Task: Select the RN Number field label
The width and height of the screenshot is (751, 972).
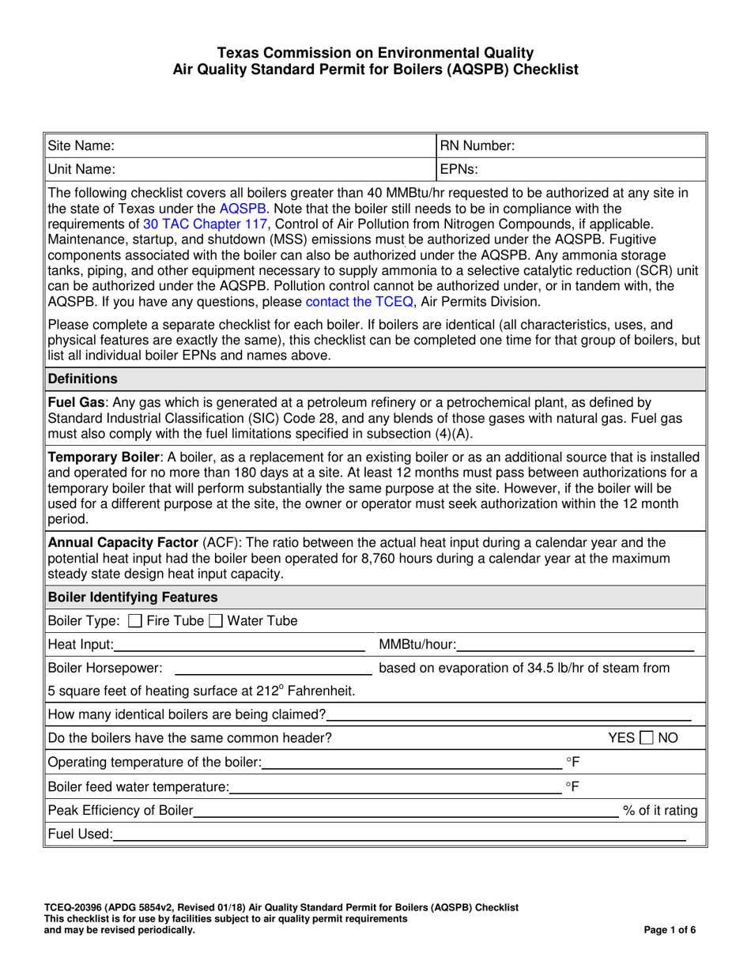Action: (x=477, y=146)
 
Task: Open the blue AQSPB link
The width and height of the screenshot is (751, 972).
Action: (x=244, y=209)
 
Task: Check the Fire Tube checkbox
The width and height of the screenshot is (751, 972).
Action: (x=135, y=621)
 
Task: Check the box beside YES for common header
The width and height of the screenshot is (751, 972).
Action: (x=647, y=738)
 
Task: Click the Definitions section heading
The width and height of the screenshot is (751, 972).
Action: (x=82, y=379)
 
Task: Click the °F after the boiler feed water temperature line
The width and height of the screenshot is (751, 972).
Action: (x=572, y=786)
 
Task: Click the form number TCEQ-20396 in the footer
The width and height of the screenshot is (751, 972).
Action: (x=80, y=908)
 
